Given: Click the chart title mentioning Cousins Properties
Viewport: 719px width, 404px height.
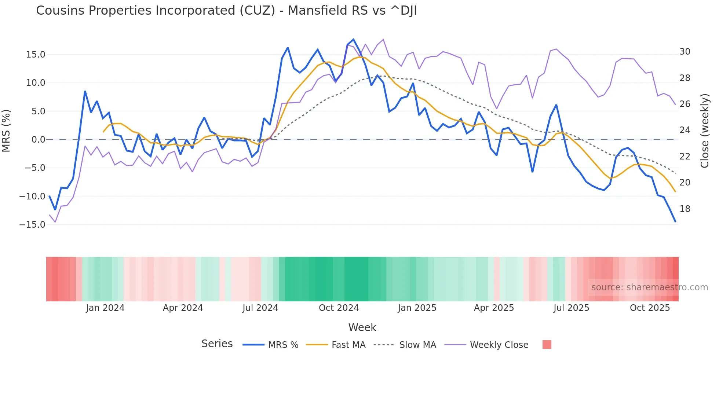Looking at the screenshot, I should pos(226,11).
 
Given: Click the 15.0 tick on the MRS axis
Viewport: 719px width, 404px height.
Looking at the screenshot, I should pos(36,55).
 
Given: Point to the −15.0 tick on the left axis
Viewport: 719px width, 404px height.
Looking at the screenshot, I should pos(32,225).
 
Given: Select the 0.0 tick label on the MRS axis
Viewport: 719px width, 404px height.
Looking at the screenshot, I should pos(38,140).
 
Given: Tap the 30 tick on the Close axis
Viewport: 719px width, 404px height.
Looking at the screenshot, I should pos(685,52).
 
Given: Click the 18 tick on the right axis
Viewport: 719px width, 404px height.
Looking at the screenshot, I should pos(685,209).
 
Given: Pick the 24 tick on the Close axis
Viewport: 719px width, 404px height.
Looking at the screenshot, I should pos(685,130).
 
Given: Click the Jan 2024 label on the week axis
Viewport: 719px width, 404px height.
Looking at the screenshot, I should pos(105,308).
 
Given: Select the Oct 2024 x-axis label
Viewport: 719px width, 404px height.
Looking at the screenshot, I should pos(339,308).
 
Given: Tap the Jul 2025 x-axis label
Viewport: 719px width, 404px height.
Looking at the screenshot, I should pos(571,308).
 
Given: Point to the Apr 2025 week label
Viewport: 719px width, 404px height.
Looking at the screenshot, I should pos(494,308).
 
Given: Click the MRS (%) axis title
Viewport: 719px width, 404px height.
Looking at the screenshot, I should pos(6,131).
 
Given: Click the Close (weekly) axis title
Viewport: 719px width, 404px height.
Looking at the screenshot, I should pos(705,131).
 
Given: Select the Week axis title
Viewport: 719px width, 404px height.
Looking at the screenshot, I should pos(362,327).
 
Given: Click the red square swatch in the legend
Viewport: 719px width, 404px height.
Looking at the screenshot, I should pos(547,345).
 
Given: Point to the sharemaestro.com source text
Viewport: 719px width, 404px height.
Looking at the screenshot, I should pos(649,287).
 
